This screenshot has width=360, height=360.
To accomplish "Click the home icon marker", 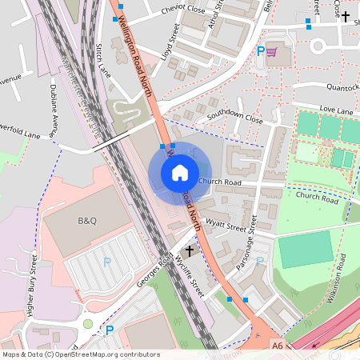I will pyautogui.click(x=180, y=172).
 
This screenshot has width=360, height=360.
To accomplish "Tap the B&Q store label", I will pyautogui.click(x=86, y=220).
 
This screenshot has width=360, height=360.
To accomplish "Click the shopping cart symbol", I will pyautogui.click(x=272, y=52).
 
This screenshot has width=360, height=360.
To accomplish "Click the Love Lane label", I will pyautogui.click(x=336, y=108).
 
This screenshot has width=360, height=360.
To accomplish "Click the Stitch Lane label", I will pyautogui.click(x=102, y=60).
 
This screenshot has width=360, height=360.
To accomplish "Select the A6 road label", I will pyautogui.click(x=277, y=346).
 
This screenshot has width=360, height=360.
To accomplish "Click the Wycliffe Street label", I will pyautogui.click(x=190, y=277).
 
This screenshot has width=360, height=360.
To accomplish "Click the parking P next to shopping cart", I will pyautogui.click(x=260, y=51).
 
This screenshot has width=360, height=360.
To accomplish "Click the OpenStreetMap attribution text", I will pyautogui.click(x=80, y=354).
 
